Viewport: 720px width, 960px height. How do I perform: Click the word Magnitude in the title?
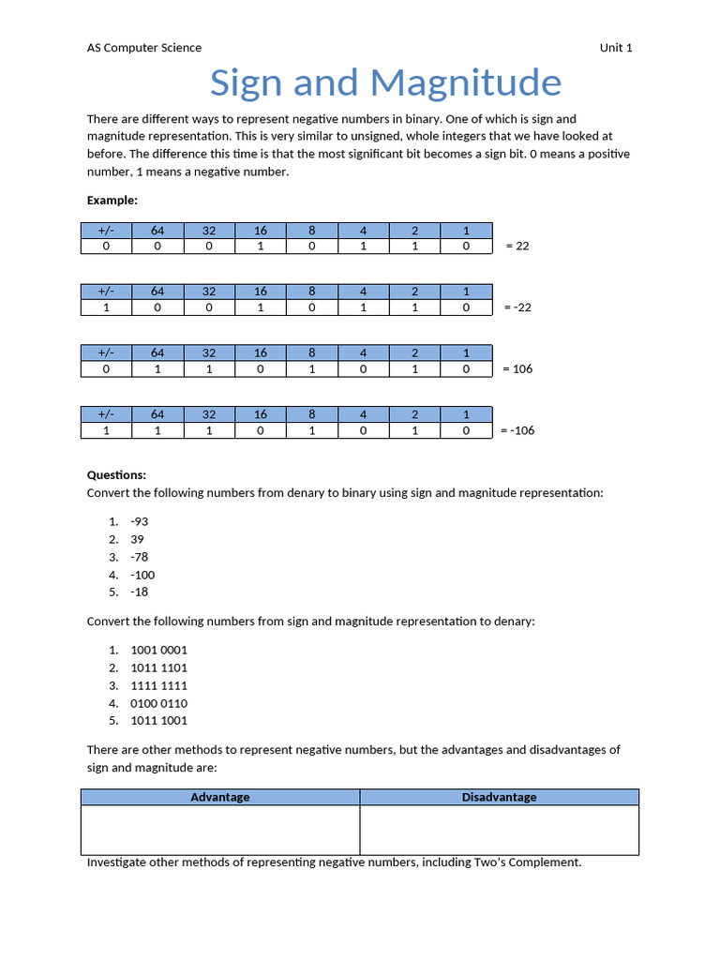pos(466,83)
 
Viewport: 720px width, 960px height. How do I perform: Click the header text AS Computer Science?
pos(143,48)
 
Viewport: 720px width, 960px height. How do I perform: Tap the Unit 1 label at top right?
pos(616,48)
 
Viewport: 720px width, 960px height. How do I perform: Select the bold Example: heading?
pos(112,200)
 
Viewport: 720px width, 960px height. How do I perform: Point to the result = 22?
pos(517,246)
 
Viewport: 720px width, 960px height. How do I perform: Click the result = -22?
pos(517,307)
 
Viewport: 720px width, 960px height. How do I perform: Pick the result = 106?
pos(517,368)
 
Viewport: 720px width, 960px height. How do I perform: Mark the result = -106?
pos(517,430)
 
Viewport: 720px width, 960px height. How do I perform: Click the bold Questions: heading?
pos(116,475)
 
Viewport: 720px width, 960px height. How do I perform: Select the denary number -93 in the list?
pos(139,521)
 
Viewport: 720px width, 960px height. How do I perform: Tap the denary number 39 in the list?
pos(137,539)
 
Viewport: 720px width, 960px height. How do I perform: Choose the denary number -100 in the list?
pos(142,575)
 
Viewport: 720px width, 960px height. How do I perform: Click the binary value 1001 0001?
pos(158,650)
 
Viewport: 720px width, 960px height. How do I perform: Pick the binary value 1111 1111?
pos(158,685)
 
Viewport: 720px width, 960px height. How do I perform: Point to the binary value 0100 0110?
pos(158,703)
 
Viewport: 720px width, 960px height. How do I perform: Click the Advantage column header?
pos(220,797)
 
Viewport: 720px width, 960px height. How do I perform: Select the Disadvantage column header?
pos(499,797)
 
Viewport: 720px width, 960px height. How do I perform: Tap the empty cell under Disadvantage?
pos(499,830)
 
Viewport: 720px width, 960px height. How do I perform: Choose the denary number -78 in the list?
pos(139,557)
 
